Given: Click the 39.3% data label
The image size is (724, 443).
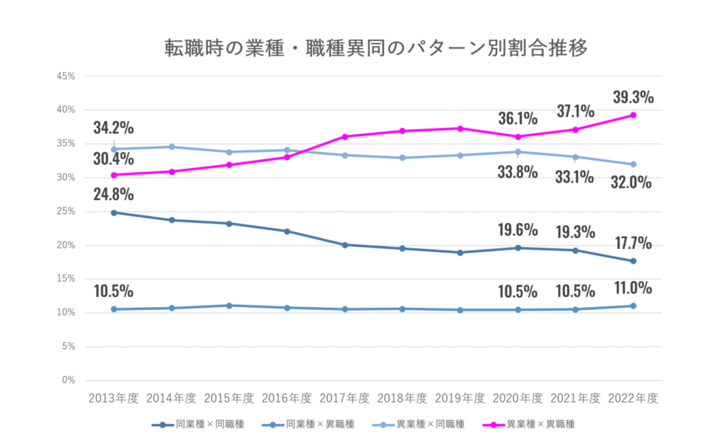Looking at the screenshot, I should tap(633, 97).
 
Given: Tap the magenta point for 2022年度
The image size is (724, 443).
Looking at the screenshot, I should tap(633, 115).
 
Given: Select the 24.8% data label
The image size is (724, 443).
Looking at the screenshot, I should tap(113, 194).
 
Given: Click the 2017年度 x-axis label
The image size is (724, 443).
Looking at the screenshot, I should tap(345, 398).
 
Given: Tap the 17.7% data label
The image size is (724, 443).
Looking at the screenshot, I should tap(633, 243).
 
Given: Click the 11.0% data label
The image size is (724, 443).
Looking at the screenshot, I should tap(633, 288).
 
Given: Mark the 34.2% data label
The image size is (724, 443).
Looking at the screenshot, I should tap(113, 128).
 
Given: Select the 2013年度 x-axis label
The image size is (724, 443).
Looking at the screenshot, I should tap(113, 398).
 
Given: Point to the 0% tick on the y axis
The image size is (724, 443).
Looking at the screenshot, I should tap(69, 380).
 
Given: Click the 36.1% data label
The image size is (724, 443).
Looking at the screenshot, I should tap(518, 117).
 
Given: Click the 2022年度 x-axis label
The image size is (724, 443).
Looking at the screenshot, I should tap(633, 398).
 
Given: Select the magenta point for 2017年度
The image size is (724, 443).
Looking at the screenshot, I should tap(345, 137).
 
